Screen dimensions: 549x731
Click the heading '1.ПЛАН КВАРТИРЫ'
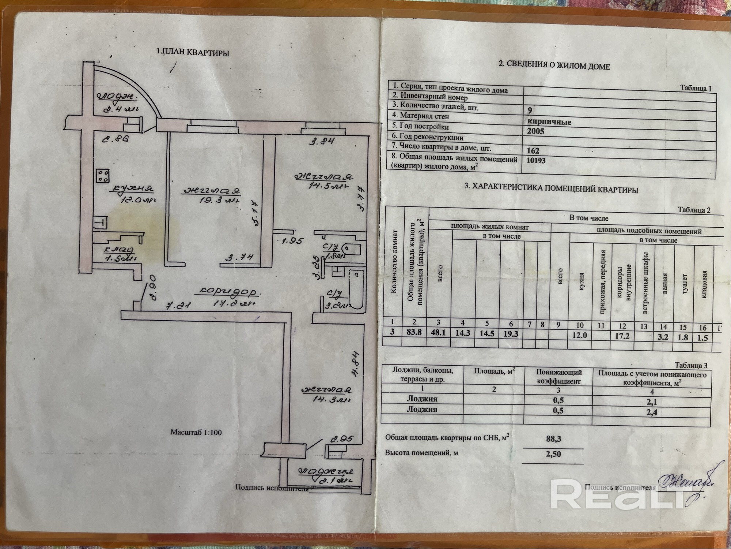(193, 52)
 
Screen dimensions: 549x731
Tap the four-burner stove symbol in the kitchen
(103, 176)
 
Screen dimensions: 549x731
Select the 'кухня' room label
(133, 188)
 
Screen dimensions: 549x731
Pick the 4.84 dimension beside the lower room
(355, 364)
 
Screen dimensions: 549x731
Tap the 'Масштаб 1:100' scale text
(196, 432)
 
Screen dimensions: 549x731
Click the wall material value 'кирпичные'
(549, 122)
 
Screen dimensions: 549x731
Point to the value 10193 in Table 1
(536, 160)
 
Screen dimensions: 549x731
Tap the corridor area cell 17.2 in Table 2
(622, 335)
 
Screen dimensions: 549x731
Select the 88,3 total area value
(553, 438)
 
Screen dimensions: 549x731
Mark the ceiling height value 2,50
(553, 454)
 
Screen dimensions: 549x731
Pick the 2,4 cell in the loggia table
(651, 412)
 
